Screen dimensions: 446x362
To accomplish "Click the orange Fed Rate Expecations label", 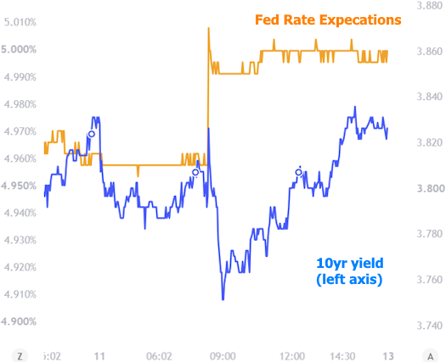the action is [328, 20].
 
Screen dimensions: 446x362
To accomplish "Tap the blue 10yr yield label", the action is [349, 271].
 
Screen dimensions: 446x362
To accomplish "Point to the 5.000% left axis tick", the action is [19, 49].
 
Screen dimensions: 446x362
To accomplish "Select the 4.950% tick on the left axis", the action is [19, 186].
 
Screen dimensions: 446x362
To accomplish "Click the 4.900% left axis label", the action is [19, 321].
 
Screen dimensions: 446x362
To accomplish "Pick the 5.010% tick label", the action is [20, 22].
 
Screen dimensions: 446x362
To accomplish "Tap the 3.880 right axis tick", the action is [430, 6].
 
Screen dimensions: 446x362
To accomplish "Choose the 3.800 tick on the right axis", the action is [430, 188].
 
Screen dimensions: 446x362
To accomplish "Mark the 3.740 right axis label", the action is [430, 326].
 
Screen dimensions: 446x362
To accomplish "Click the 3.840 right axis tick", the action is [430, 97].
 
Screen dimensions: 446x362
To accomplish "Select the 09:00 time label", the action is [223, 356].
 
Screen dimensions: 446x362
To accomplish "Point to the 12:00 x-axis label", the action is [292, 356].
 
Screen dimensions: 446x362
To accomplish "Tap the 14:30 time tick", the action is [342, 356].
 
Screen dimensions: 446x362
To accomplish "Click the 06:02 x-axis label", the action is [160, 356].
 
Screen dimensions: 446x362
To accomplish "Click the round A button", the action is [431, 356].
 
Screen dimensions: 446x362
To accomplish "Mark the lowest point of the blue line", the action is [223, 299].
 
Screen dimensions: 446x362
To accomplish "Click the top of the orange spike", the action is [208, 28].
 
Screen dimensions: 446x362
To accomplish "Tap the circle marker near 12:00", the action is [298, 172].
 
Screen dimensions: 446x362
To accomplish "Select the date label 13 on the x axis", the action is [388, 356].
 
